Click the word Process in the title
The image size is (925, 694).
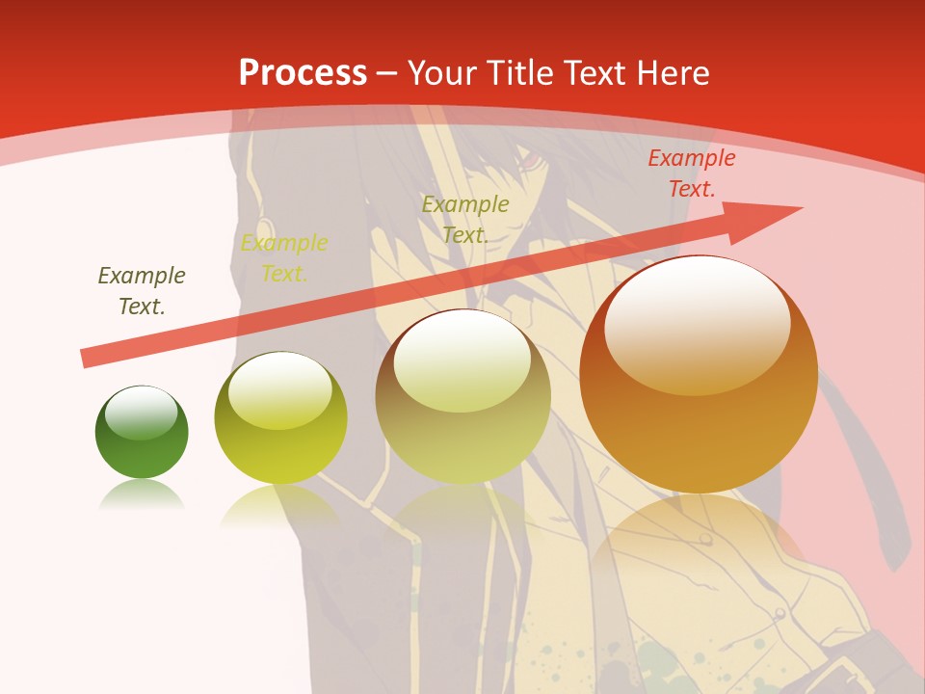303,72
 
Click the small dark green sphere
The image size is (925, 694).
142,433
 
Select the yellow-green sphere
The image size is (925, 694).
280,417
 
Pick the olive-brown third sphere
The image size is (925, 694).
462,396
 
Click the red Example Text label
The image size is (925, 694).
692,173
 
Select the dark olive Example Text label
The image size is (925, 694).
142,291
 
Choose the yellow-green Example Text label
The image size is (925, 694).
284,258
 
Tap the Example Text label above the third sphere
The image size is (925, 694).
465,219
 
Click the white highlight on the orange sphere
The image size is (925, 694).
697,323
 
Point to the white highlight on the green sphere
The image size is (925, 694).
142,413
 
